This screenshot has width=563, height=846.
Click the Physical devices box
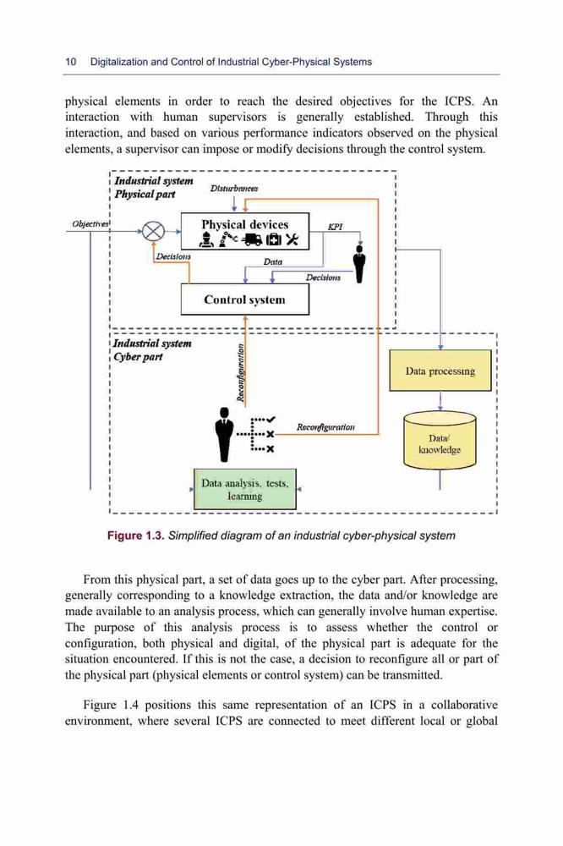click(x=245, y=232)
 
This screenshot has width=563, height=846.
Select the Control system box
click(x=245, y=299)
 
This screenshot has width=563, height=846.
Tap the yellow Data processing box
click(x=440, y=371)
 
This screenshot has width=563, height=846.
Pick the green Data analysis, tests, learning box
click(x=245, y=489)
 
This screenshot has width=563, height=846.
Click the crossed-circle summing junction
click(x=153, y=232)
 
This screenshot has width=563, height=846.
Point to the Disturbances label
click(x=234, y=189)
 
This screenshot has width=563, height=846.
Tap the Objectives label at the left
click(x=90, y=223)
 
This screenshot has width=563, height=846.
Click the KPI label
click(x=336, y=227)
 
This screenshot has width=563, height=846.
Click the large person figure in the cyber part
click(x=224, y=434)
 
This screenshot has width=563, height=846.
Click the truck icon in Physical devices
click(x=253, y=240)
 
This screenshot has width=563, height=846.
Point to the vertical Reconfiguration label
click(x=242, y=373)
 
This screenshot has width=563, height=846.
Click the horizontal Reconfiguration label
click(x=325, y=427)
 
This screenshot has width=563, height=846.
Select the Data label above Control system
click(x=273, y=261)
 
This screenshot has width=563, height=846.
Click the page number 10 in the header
click(x=71, y=62)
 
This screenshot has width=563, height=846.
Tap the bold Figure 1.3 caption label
click(x=135, y=536)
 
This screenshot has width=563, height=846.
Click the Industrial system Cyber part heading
click(x=152, y=350)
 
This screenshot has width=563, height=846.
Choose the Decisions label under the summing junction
click(x=173, y=257)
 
